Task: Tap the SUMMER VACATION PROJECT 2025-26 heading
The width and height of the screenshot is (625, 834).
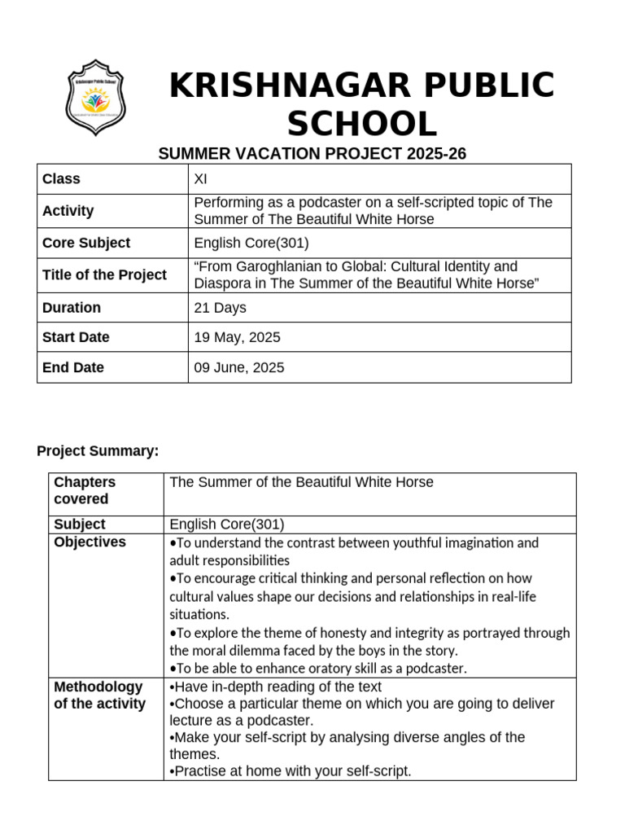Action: (312, 154)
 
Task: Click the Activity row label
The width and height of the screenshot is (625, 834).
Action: (68, 211)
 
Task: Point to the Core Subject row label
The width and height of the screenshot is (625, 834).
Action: (86, 243)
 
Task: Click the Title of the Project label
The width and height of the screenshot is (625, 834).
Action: (104, 275)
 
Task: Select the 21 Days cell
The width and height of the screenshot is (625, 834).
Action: (220, 308)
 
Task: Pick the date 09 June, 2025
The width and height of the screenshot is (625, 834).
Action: (239, 367)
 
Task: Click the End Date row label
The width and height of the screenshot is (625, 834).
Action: (73, 367)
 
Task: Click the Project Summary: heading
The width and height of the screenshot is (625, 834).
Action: (98, 451)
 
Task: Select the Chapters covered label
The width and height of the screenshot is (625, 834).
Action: (85, 490)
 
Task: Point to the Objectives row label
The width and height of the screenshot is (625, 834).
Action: (90, 542)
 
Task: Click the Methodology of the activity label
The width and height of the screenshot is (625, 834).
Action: (99, 695)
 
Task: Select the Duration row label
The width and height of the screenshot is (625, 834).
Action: (72, 308)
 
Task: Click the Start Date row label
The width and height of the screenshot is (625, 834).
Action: (76, 337)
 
